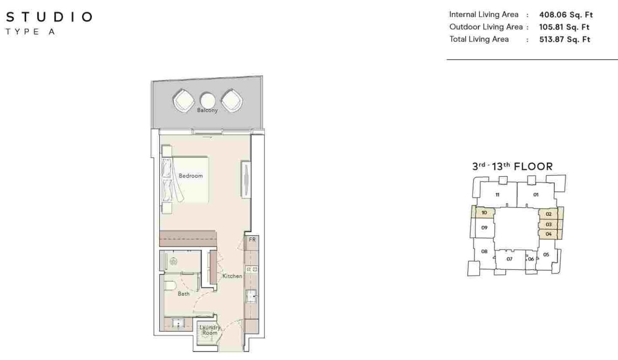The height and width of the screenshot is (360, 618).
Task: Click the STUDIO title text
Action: pos(49,17)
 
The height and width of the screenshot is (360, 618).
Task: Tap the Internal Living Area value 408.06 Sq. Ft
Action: pos(566,15)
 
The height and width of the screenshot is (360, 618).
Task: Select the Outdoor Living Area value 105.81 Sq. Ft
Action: pos(564,27)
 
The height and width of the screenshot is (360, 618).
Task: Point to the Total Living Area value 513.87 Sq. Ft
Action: pos(564,39)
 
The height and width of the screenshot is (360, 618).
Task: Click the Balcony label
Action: pos(207,110)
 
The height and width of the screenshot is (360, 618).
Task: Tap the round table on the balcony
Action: pos(207,100)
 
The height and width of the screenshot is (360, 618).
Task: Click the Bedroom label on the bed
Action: pos(191,176)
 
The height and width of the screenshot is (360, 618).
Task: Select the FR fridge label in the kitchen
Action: pos(252,239)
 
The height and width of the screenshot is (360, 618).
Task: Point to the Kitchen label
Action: pos(232,276)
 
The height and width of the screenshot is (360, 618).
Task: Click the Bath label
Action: pos(184,294)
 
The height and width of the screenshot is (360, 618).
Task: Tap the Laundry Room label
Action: pos(210,330)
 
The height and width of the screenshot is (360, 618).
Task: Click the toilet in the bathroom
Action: pos(170,285)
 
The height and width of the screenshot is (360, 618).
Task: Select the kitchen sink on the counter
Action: pos(251,296)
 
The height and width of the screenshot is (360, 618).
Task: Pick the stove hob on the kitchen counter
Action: pos(251,269)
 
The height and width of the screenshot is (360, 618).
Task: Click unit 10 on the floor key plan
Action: pos(484,213)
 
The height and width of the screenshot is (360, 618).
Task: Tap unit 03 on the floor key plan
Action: pos(548,224)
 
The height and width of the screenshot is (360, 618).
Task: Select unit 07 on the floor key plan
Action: pos(509,259)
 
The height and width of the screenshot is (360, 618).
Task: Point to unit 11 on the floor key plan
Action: pos(497,195)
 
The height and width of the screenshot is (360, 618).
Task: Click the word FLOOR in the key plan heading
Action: pos(533,166)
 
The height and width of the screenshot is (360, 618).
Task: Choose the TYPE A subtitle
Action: pos(30,32)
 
